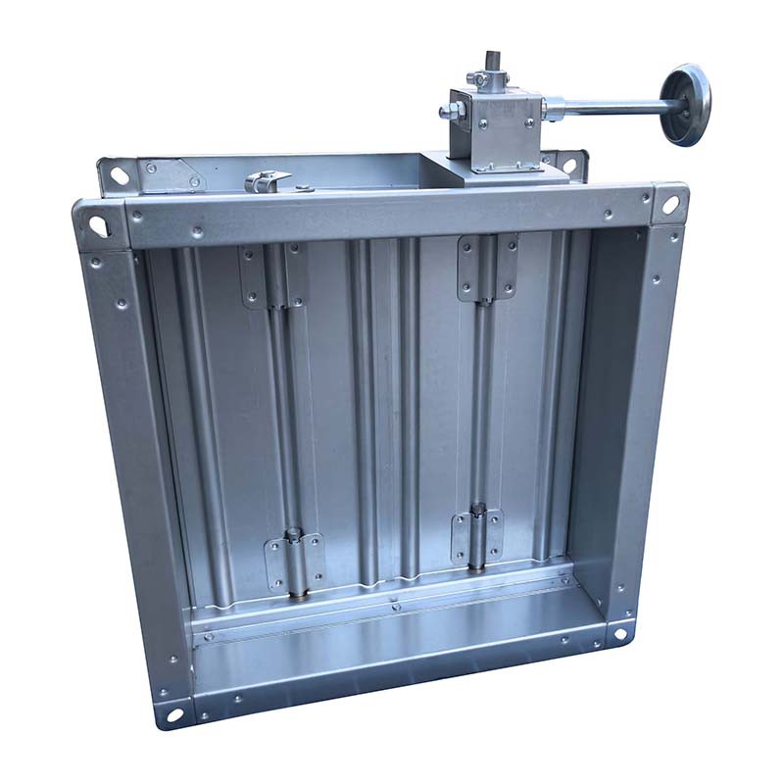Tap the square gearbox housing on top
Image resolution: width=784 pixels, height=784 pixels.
[496, 126]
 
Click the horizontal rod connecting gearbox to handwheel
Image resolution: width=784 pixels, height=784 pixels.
[608, 104]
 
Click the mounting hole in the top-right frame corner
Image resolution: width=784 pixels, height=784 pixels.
[670, 205]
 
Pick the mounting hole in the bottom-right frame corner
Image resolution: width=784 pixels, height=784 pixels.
[618, 633]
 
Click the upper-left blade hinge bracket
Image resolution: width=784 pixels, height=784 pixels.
[270, 276]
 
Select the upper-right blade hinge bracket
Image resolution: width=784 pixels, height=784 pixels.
[487, 266]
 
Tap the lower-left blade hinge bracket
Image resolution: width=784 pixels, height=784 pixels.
[295, 561]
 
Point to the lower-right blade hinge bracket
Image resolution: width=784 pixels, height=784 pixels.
[477, 537]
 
